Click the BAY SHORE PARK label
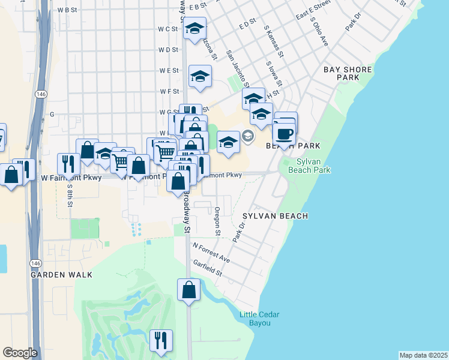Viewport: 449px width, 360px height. click(x=348, y=73)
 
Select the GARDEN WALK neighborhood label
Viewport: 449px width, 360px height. click(x=62, y=274)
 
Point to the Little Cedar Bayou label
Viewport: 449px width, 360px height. click(x=259, y=319)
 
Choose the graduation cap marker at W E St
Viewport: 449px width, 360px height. click(x=200, y=77)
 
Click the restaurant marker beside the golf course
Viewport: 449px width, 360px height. click(x=160, y=341)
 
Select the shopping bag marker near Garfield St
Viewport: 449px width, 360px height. click(x=188, y=290)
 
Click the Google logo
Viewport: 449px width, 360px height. click(x=20, y=353)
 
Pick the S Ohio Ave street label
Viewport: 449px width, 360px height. click(x=319, y=32)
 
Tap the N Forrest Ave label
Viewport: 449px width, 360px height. click(x=211, y=252)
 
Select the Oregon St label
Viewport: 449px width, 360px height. click(x=217, y=221)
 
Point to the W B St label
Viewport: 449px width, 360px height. click(x=67, y=10)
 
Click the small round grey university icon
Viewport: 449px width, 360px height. click(x=248, y=137)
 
